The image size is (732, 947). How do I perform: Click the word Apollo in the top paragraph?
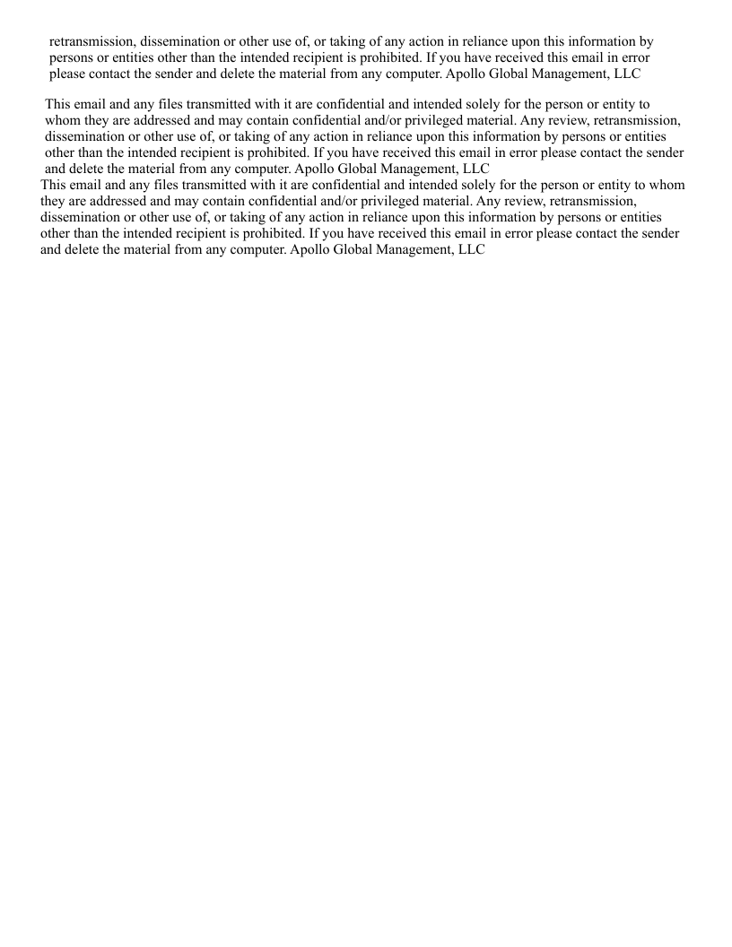coord(467,74)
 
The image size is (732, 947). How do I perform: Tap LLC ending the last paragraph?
coord(470,250)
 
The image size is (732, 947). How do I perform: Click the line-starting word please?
coord(68,74)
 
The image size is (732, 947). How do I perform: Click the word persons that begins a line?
coord(73,57)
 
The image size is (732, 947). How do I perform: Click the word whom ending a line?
coord(667,186)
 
